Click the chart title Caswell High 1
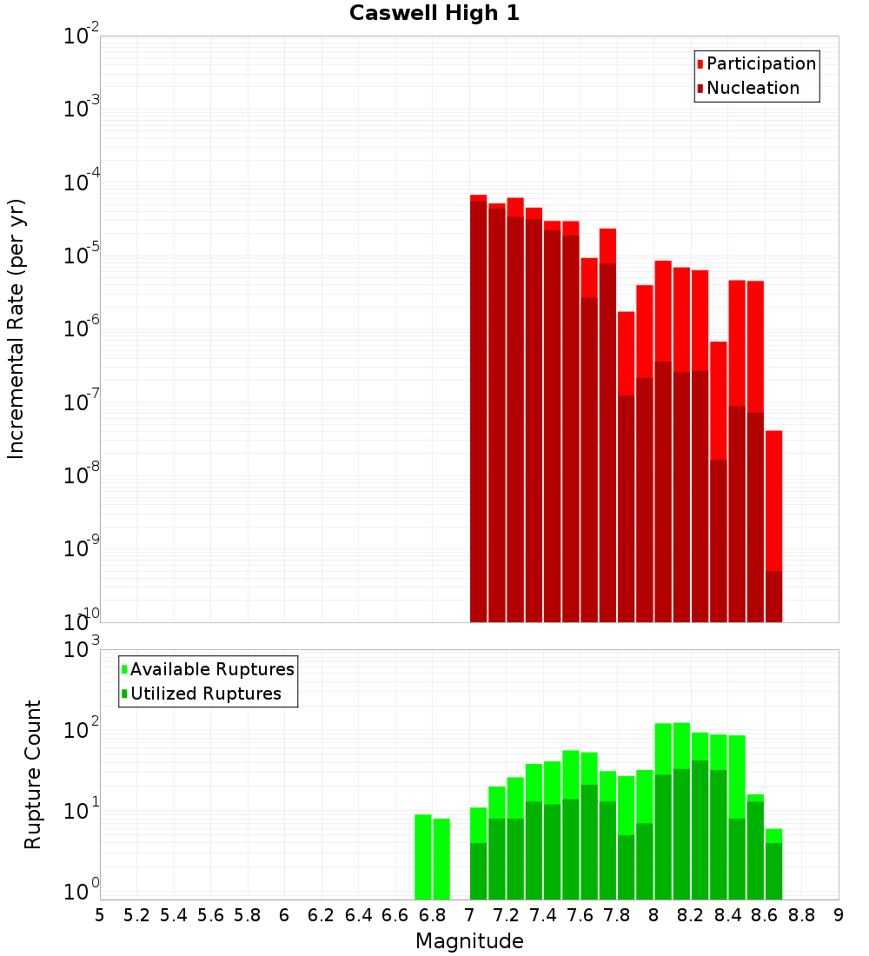tap(434, 14)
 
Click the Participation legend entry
tap(760, 64)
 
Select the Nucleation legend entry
tap(752, 89)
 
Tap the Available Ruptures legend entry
tap(211, 670)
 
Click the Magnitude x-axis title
tap(469, 941)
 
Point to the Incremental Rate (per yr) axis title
tap(17, 329)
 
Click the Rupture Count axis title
tap(33, 774)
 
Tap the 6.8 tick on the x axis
tap(432, 915)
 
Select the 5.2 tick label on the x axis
tap(136, 915)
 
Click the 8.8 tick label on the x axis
tap(801, 915)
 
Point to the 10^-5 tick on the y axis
tap(82, 256)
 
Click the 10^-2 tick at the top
tap(82, 37)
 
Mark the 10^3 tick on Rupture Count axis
tap(82, 649)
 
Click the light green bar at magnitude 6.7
tap(423, 856)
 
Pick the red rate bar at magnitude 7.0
tap(479, 408)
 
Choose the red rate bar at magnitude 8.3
tap(719, 478)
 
